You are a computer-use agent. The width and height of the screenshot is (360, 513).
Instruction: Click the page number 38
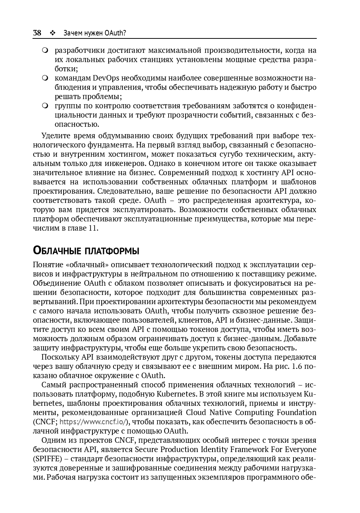37,33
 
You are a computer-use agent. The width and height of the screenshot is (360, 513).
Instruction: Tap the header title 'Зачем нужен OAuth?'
95,33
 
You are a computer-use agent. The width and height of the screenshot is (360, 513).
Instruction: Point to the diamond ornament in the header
52,33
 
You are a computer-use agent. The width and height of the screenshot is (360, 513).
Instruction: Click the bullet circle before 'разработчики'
45,50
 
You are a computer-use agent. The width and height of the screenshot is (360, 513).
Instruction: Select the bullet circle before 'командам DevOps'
45,78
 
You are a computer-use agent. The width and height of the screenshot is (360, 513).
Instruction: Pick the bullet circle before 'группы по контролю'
45,106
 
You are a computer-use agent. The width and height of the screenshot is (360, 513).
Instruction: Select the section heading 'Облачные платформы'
86,251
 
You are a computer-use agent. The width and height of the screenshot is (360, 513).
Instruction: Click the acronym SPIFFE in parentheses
47,459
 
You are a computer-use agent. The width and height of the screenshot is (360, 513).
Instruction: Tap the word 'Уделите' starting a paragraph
56,136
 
